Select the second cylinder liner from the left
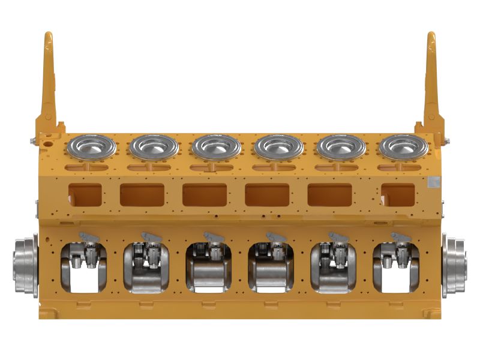click(154, 146)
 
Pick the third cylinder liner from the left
click(217, 146)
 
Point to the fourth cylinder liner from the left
click(278, 146)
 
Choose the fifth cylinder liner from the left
click(341, 146)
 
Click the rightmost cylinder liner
click(403, 146)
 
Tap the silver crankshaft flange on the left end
click(25, 266)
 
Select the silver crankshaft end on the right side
click(454, 266)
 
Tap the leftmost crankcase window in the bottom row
click(83, 267)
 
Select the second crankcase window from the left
click(146, 267)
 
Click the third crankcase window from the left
click(208, 267)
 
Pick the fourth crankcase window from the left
click(271, 267)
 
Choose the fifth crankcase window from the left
click(333, 267)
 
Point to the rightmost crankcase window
click(395, 267)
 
